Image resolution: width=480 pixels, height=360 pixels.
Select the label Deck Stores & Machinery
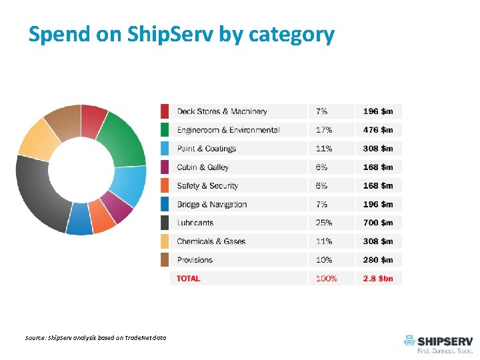[x=221, y=111]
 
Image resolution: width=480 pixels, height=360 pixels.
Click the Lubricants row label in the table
[x=195, y=223]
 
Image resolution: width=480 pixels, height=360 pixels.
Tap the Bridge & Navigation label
[x=211, y=204]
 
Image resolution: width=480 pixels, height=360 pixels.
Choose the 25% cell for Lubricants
[x=324, y=223]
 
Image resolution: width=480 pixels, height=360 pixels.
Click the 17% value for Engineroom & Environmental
[x=324, y=130]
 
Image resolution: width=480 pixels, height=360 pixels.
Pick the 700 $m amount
[x=378, y=223]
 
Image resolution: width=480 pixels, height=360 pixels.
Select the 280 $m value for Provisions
[x=378, y=260]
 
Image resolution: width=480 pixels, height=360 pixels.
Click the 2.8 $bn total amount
[x=378, y=279]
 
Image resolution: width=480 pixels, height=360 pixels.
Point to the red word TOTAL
[x=189, y=279]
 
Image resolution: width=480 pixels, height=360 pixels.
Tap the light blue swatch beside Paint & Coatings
[x=165, y=148]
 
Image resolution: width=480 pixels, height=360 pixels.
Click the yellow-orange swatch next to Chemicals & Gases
[x=165, y=241]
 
